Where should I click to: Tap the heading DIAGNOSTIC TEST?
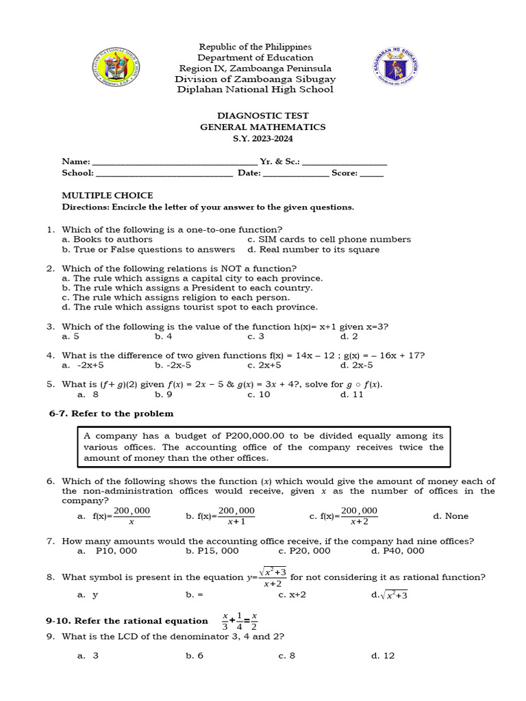(x=263, y=116)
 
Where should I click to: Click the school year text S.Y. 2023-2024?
(x=263, y=139)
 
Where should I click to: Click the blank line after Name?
(x=175, y=163)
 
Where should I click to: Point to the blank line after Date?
(x=296, y=175)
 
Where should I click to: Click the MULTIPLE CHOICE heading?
(x=108, y=196)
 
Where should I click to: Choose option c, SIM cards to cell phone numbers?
(x=329, y=240)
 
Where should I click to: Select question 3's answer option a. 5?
(x=71, y=337)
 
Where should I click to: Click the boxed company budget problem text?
(x=263, y=447)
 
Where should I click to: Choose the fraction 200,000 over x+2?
(x=359, y=516)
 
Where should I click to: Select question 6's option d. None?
(x=451, y=516)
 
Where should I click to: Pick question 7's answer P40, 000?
(x=398, y=550)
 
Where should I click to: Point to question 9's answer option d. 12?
(x=383, y=656)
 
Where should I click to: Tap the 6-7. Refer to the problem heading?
(x=111, y=413)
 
